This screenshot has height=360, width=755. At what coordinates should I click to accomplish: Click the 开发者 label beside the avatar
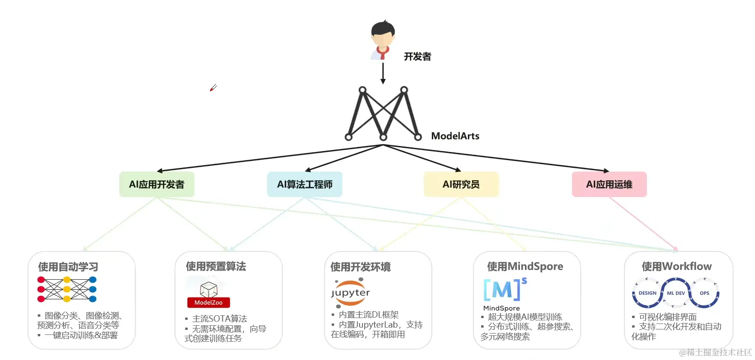pyautogui.click(x=417, y=57)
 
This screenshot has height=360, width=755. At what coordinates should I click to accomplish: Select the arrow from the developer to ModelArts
pyautogui.click(x=383, y=73)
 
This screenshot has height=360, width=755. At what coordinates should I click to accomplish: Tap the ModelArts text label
pyautogui.click(x=455, y=136)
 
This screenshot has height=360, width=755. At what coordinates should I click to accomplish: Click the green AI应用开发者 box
pyautogui.click(x=157, y=184)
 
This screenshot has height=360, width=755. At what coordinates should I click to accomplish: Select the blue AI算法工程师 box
pyautogui.click(x=304, y=184)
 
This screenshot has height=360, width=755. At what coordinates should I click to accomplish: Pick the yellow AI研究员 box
pyautogui.click(x=461, y=184)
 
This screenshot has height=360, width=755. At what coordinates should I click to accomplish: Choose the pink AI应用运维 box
pyautogui.click(x=609, y=184)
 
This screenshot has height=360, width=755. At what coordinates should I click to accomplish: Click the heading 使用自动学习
pyautogui.click(x=68, y=266)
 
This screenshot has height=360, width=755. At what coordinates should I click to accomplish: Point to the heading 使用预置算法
pyautogui.click(x=215, y=266)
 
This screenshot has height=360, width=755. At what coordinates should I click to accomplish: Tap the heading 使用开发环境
pyautogui.click(x=360, y=266)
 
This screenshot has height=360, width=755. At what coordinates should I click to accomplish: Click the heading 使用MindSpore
pyautogui.click(x=525, y=266)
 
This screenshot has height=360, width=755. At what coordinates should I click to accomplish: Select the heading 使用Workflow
pyautogui.click(x=676, y=266)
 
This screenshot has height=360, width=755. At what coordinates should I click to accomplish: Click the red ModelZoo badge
pyautogui.click(x=209, y=303)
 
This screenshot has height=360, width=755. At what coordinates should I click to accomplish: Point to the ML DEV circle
pyautogui.click(x=676, y=293)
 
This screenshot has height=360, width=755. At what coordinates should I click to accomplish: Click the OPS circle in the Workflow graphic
pyautogui.click(x=704, y=293)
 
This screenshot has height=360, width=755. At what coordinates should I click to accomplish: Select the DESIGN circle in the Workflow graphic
pyautogui.click(x=647, y=293)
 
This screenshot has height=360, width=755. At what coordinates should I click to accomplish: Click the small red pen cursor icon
pyautogui.click(x=213, y=88)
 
